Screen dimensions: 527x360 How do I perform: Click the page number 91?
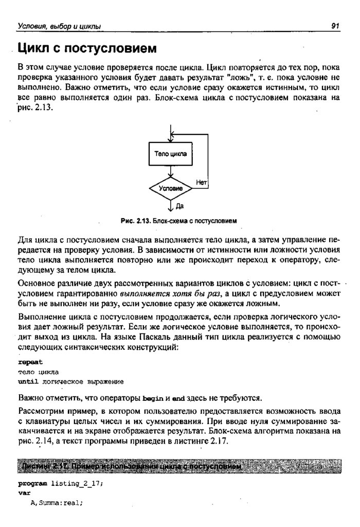pos(335,26)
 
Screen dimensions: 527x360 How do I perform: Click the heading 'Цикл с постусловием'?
pos(86,49)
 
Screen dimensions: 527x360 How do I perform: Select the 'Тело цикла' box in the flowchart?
pos(170,153)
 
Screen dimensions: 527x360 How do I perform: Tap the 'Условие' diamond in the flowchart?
pos(170,189)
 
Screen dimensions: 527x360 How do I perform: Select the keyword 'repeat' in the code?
pos(28,362)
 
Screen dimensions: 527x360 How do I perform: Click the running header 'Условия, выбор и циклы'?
pos(59,26)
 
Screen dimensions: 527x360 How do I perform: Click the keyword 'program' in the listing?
pos(32,484)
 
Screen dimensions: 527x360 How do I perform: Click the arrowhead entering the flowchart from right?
pos(173,134)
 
